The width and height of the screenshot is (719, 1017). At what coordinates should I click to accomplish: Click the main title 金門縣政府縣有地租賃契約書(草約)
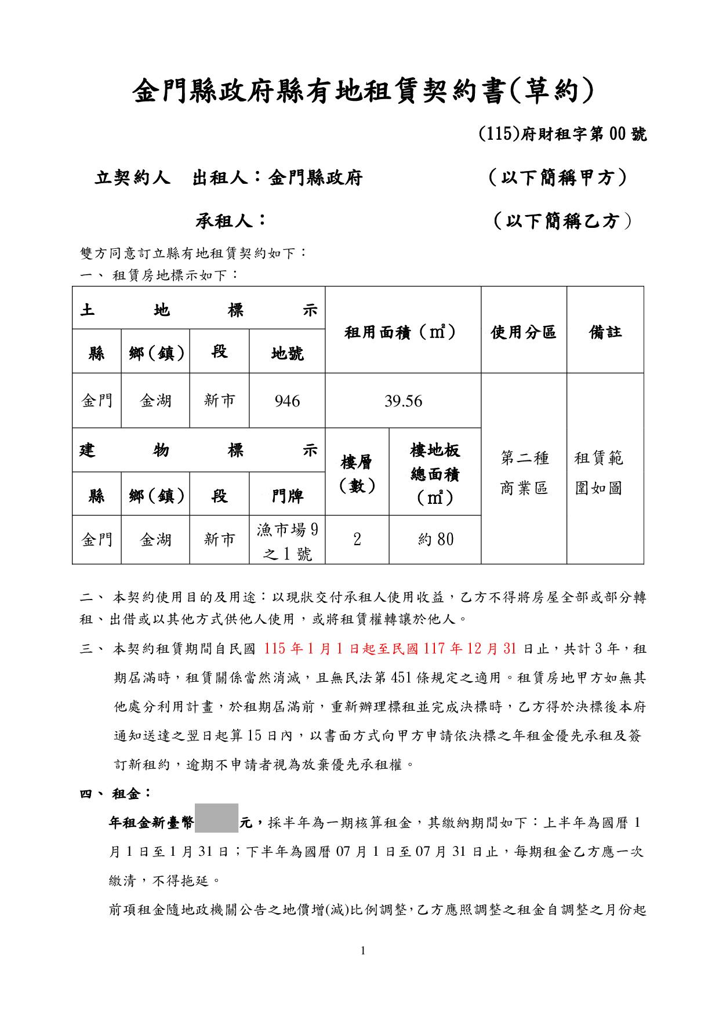tap(364, 92)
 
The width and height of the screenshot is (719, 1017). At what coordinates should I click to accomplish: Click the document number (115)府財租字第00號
tap(562, 135)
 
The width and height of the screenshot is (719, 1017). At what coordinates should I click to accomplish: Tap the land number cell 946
tap(287, 401)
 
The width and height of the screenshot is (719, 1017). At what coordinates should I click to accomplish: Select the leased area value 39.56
tap(403, 401)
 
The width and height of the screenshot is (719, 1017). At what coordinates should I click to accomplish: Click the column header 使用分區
tap(524, 332)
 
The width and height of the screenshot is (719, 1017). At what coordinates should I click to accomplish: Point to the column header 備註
tap(605, 332)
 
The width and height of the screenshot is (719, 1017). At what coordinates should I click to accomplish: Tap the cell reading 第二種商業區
tap(524, 473)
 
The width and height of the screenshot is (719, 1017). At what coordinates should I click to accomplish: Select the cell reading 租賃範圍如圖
tap(598, 473)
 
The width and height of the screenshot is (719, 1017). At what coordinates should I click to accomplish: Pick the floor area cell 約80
tap(435, 540)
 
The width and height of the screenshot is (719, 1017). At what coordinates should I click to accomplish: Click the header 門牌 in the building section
tap(287, 496)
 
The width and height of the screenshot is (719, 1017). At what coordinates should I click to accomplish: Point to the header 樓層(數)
tap(357, 474)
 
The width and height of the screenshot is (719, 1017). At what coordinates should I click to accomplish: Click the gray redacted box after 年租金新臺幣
tap(216, 818)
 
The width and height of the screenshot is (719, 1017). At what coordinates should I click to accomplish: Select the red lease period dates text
tap(390, 648)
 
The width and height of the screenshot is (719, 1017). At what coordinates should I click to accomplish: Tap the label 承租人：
tap(231, 220)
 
